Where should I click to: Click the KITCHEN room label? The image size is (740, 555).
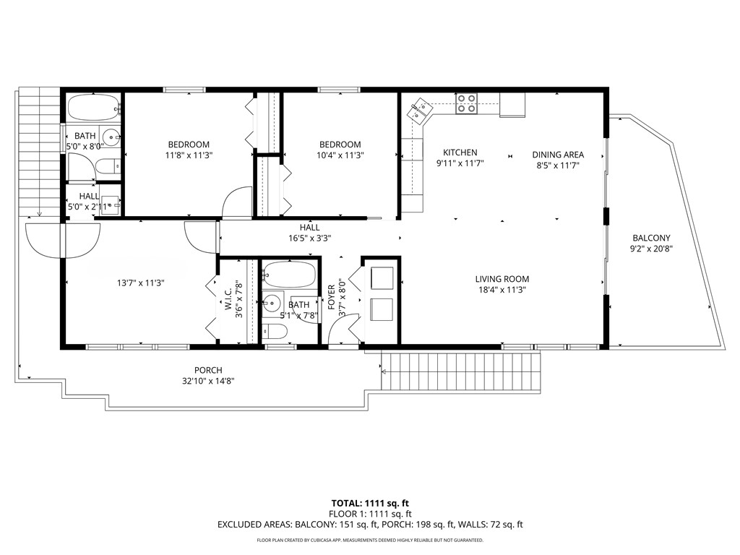[460, 152]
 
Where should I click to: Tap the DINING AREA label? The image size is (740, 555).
[558, 155]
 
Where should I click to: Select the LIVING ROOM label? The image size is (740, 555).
[502, 279]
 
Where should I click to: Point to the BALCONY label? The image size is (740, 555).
[651, 238]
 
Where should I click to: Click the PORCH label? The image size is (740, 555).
[208, 370]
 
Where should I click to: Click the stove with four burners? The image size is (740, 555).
[467, 106]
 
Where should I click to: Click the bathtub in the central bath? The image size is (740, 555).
[289, 275]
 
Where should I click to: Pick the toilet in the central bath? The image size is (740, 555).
[275, 332]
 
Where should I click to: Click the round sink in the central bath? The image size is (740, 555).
[272, 302]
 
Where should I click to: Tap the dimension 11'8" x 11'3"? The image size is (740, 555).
[190, 155]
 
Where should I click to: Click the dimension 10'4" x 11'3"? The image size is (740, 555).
[340, 155]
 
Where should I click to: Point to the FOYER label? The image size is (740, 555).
[332, 297]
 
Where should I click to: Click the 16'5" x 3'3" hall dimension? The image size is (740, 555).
[309, 238]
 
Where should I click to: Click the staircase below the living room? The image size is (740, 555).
[462, 372]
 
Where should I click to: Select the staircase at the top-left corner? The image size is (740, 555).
[38, 152]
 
